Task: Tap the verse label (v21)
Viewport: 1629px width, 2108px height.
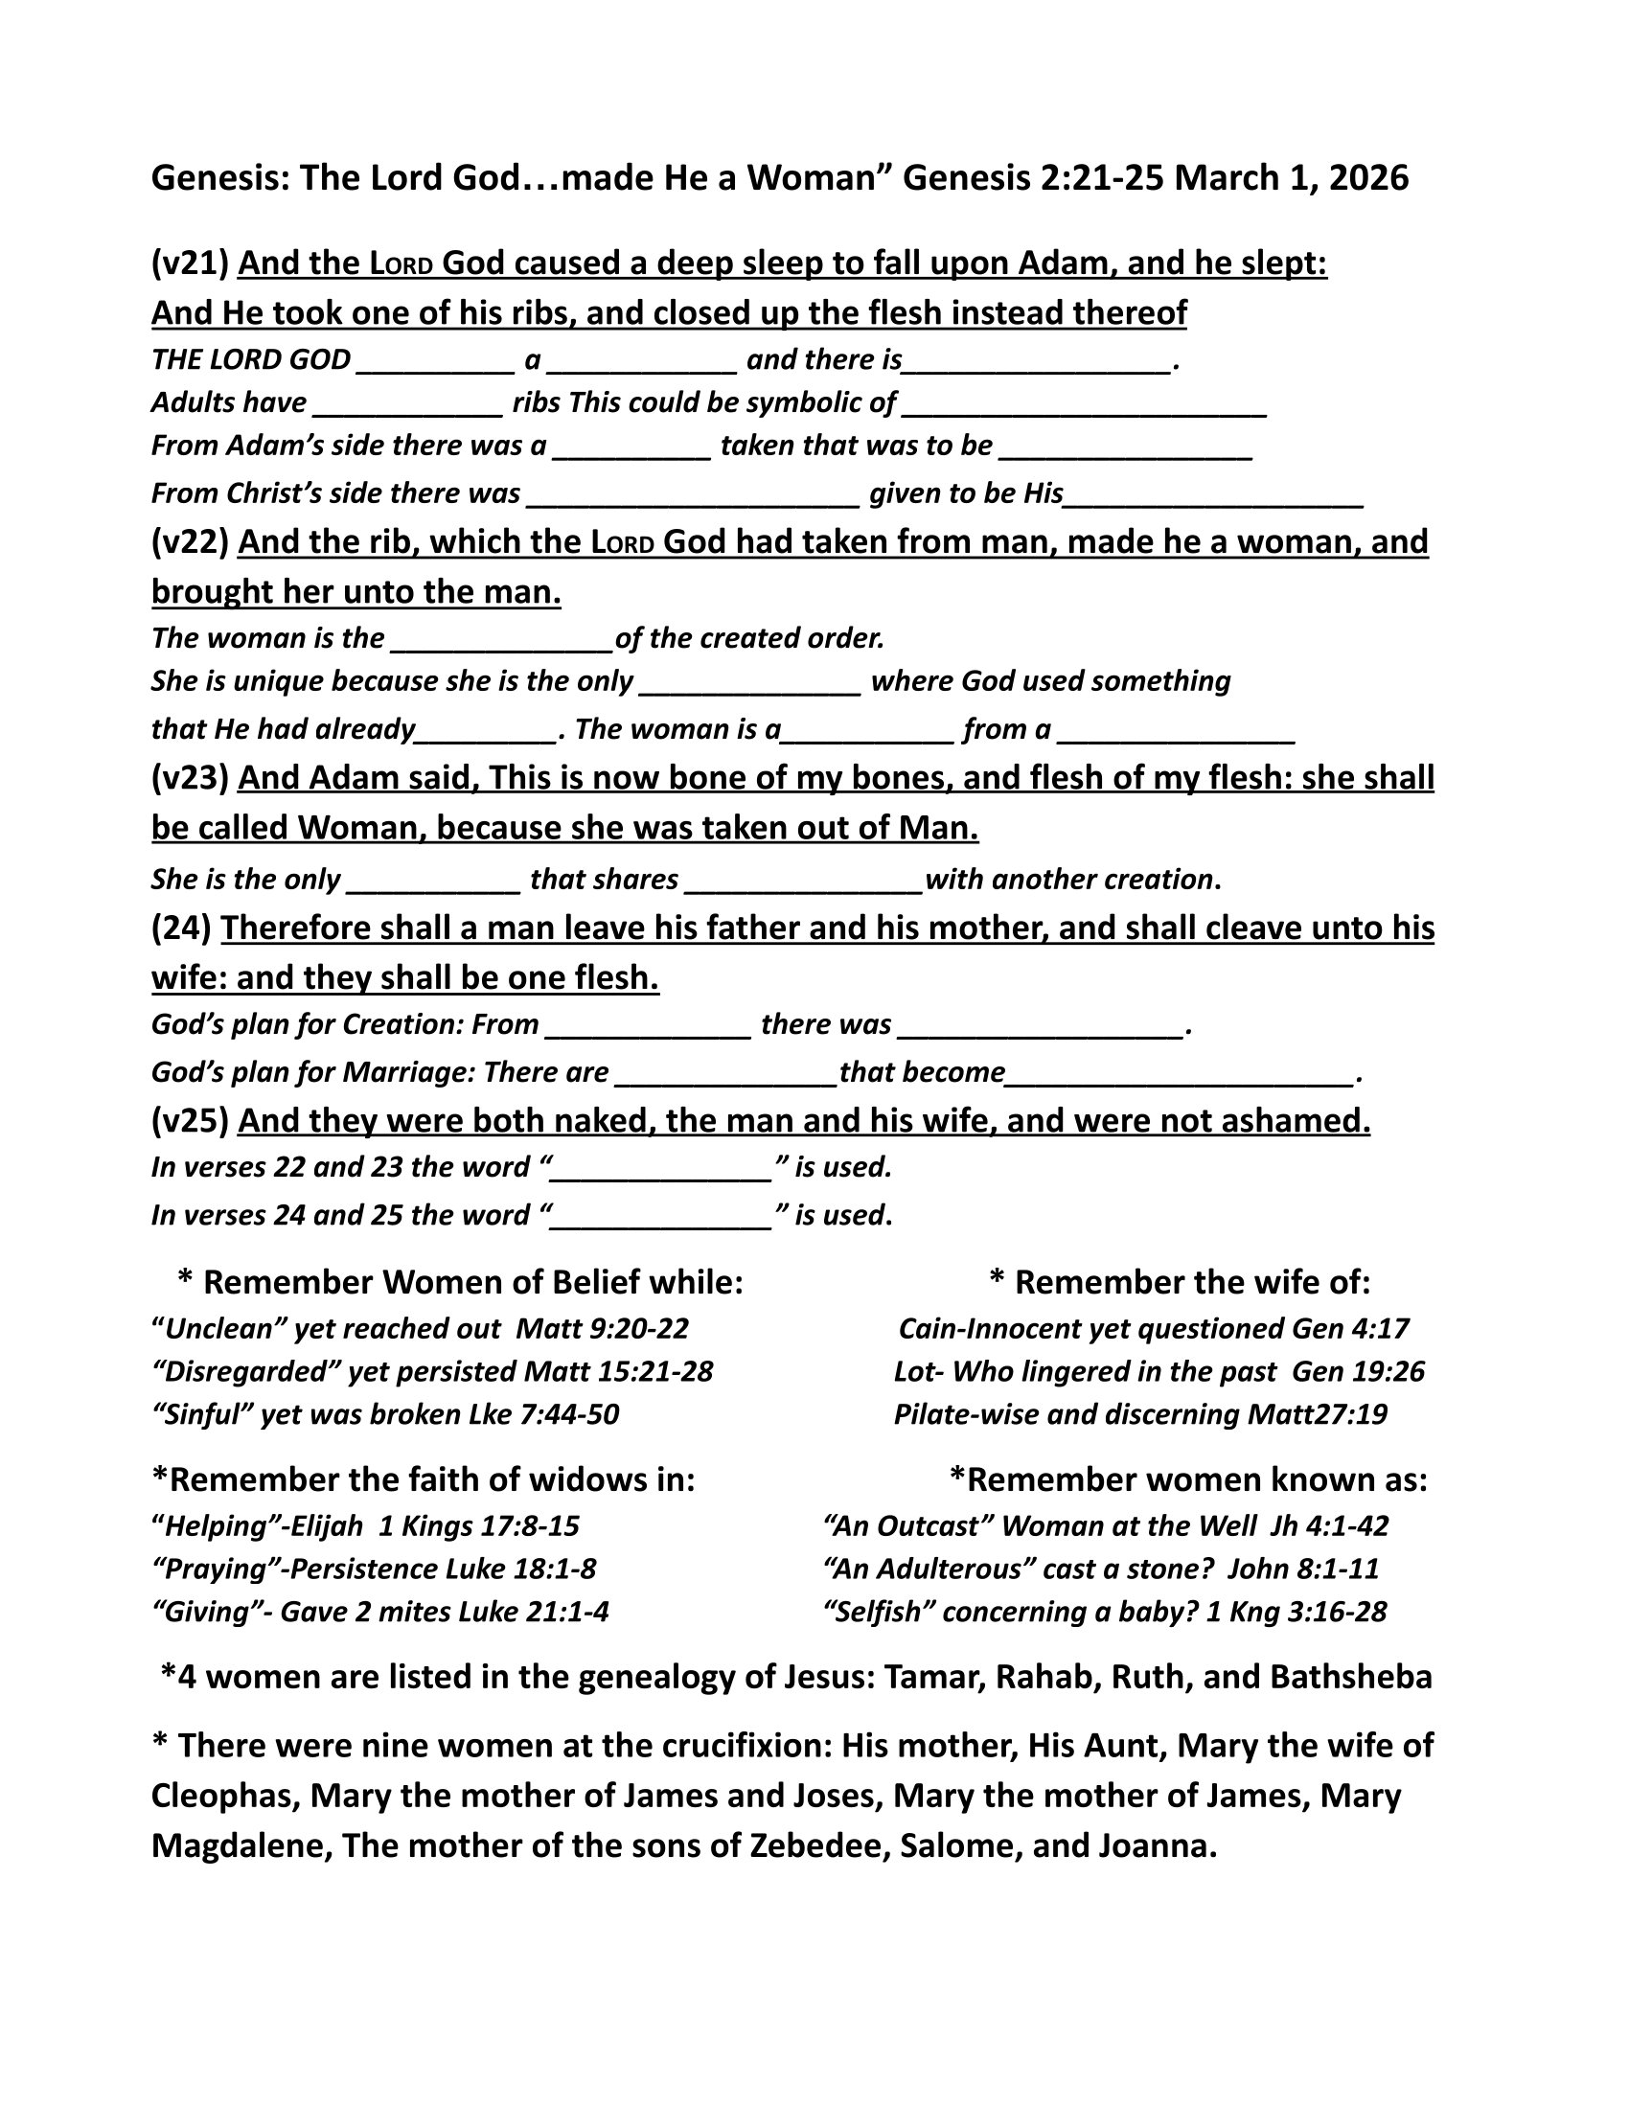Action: [190, 263]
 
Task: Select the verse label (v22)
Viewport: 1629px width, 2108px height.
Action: [190, 542]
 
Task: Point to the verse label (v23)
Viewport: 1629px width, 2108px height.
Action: [190, 778]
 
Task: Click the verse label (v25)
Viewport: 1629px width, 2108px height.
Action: [190, 1121]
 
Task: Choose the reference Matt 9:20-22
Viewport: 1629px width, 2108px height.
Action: [602, 1329]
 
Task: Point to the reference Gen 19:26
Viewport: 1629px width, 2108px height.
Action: [1358, 1371]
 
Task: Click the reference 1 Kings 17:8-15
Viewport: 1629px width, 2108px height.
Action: [479, 1526]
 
